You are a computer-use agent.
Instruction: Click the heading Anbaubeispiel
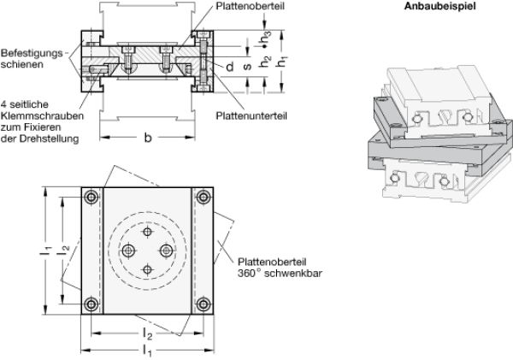439,6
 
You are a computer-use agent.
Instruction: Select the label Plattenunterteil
251,115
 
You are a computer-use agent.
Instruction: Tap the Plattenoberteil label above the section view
250,6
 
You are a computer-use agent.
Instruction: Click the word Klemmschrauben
42,115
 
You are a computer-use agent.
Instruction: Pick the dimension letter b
148,138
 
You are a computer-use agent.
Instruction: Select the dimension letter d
230,67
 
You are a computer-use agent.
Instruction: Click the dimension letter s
248,67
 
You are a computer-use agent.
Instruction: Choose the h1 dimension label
281,62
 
